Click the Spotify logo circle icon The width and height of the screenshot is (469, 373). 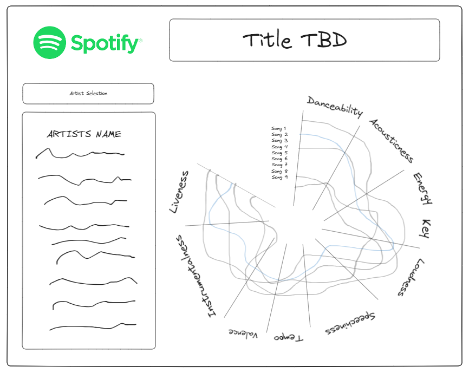[x=50, y=42]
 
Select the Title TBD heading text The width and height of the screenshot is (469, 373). [x=295, y=40]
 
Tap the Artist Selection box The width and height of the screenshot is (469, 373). [x=88, y=93]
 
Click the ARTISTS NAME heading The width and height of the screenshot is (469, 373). [x=84, y=134]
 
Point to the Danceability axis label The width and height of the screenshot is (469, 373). [x=335, y=107]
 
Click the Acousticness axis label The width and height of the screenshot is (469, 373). [x=391, y=140]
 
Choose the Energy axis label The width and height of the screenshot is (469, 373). [x=423, y=188]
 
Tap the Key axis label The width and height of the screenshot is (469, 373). [x=426, y=229]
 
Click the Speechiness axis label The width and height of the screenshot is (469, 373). [x=351, y=323]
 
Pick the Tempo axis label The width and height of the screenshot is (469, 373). [x=289, y=337]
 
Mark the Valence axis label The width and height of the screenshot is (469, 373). [x=243, y=333]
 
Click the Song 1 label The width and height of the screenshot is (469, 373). [x=279, y=128]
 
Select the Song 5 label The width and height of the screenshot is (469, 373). [x=279, y=153]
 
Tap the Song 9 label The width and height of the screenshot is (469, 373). [x=279, y=177]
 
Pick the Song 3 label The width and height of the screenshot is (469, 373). [x=279, y=141]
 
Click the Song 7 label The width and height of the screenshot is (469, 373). [x=279, y=165]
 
